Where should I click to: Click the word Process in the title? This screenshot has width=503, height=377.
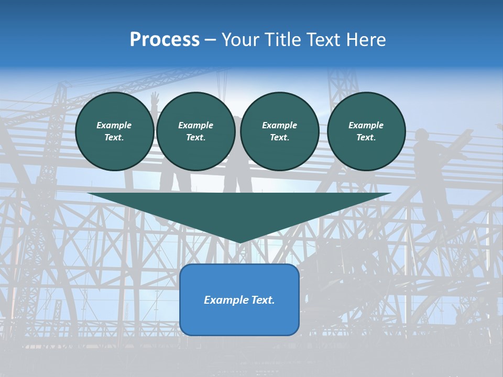point(165,40)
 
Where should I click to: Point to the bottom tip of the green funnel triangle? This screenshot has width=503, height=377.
point(239,242)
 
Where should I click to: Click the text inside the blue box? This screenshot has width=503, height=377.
point(239,300)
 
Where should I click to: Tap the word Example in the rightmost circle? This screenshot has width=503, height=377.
point(366,125)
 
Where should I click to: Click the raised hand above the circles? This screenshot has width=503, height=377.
point(155,97)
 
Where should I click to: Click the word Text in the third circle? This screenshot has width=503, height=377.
point(279,138)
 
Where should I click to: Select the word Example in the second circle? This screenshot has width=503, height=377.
point(195,125)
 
